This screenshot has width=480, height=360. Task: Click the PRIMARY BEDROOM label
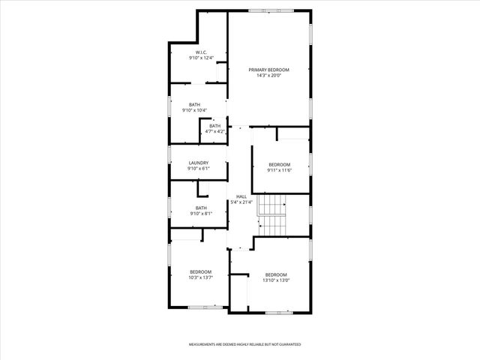[x=268, y=70]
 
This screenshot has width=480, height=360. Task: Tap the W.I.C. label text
[x=191, y=52]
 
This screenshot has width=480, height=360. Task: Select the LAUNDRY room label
[x=198, y=163]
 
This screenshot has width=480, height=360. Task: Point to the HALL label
[x=241, y=196]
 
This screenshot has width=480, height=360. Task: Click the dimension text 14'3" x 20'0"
[x=268, y=75]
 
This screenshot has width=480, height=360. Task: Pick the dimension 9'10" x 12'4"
[x=191, y=58]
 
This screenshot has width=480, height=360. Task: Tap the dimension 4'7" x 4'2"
[x=215, y=131]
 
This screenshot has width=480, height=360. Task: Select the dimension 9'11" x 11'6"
[x=279, y=169]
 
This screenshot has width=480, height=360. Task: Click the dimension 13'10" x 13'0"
[x=276, y=280]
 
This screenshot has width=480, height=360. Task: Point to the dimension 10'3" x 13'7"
[x=200, y=277]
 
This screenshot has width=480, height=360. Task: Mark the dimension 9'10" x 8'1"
[x=201, y=214]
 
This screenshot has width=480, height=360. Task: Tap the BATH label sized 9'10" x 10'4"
[x=194, y=105]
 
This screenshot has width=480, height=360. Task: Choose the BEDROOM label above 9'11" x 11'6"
[x=279, y=164]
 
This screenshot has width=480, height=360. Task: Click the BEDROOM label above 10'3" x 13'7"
[x=200, y=271]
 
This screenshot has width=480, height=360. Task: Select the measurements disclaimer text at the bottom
[x=244, y=344]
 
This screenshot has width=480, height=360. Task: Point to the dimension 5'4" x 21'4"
[x=241, y=202]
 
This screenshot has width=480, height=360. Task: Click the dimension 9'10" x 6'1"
[x=198, y=168]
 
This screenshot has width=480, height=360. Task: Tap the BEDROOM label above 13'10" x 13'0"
[x=276, y=274]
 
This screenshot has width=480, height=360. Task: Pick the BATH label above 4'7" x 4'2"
[x=215, y=125]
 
